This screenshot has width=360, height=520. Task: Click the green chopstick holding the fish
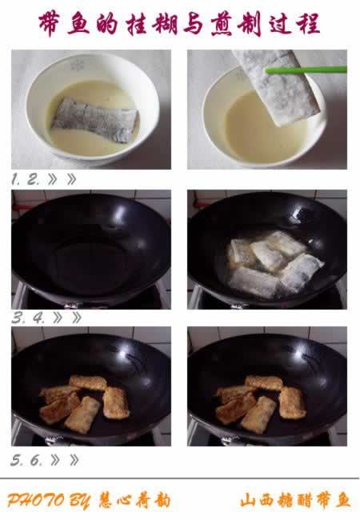click(306, 70)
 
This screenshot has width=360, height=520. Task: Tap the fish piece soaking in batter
click(94, 120)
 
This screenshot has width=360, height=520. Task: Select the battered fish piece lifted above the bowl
click(276, 87)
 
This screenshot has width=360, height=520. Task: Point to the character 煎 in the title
click(222, 24)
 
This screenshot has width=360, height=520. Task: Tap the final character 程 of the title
click(309, 24)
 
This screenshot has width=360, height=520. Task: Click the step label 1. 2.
click(25, 179)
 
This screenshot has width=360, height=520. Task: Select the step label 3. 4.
click(28, 318)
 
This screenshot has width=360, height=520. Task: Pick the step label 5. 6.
click(26, 460)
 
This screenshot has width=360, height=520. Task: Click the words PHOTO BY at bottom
click(48, 501)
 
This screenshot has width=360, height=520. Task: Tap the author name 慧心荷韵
click(134, 501)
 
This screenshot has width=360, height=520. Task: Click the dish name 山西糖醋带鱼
click(295, 501)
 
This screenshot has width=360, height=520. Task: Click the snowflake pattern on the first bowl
click(78, 65)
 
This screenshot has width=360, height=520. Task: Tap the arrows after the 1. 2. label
click(62, 179)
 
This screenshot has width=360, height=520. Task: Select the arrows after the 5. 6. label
click(65, 460)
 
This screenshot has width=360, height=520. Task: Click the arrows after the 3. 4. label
click(67, 318)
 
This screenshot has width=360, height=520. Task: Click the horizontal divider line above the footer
click(180, 478)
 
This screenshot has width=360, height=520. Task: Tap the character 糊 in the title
click(165, 24)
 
